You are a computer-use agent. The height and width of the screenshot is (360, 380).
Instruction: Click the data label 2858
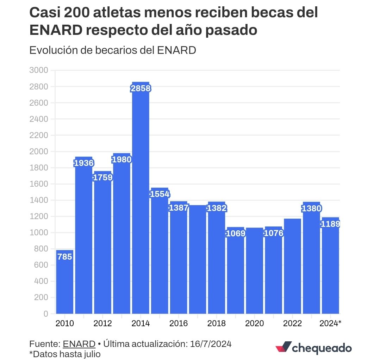click(141, 88)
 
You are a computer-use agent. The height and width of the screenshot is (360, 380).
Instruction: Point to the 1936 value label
click(83, 163)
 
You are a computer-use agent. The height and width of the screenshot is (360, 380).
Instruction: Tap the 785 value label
click(65, 257)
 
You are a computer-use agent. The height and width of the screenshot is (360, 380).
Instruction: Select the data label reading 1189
click(330, 224)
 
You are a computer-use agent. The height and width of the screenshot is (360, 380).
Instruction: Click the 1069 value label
click(236, 233)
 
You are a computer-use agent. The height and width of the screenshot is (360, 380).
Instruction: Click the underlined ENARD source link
click(79, 344)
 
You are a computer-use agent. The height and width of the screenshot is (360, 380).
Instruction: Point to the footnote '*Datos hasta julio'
click(65, 354)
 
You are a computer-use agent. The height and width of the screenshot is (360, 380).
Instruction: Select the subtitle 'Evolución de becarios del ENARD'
click(112, 50)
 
